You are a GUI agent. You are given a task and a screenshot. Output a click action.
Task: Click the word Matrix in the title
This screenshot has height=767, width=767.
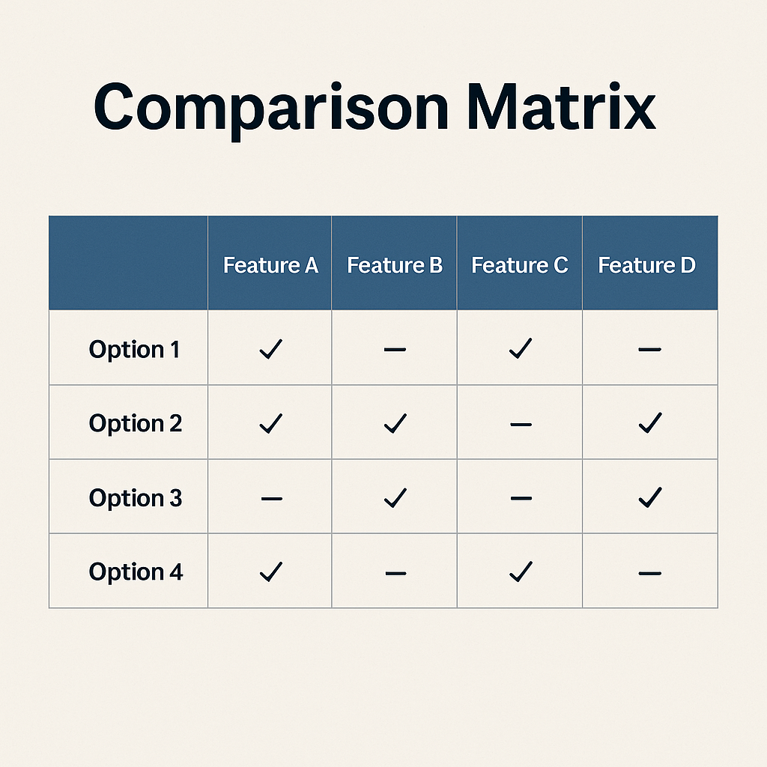561,107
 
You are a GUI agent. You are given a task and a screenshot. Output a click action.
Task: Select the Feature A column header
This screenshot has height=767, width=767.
270,265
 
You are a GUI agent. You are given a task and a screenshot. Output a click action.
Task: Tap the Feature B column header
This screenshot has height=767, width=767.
395,265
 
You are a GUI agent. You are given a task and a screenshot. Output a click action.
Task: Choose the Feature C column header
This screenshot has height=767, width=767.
520,265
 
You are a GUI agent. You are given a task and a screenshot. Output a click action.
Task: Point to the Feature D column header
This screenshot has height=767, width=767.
646,265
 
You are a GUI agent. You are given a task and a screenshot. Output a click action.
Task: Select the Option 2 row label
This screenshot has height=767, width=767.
135,424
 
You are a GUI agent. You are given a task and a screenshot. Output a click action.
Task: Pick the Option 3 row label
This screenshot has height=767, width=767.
135,498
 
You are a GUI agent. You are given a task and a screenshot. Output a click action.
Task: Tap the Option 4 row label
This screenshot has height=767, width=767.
136,572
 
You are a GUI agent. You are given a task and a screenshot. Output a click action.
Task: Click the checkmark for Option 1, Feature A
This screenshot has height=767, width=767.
271,349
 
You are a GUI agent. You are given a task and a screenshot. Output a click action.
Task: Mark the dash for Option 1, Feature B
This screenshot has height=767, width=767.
395,349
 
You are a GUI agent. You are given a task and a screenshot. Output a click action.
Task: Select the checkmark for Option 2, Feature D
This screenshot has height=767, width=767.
650,423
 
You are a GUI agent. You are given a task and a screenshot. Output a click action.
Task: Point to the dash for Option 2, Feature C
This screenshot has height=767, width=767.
521,425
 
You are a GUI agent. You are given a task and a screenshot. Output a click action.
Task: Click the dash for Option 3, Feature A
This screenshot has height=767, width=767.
271,499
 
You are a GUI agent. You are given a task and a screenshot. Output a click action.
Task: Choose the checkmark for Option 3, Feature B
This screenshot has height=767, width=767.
395,497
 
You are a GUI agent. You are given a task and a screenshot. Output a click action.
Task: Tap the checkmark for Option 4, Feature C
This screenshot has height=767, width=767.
521,572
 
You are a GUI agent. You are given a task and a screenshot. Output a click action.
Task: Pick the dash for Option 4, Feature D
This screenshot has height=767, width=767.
649,573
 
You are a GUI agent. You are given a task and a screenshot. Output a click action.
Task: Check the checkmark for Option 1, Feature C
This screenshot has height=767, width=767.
521,348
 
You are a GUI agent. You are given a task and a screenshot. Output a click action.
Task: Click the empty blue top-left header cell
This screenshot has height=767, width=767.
128,263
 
